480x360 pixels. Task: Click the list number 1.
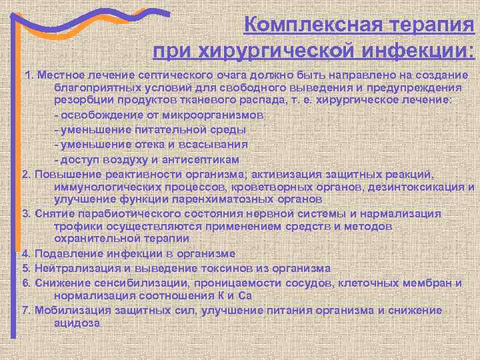(28, 73)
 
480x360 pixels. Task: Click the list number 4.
(25, 253)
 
